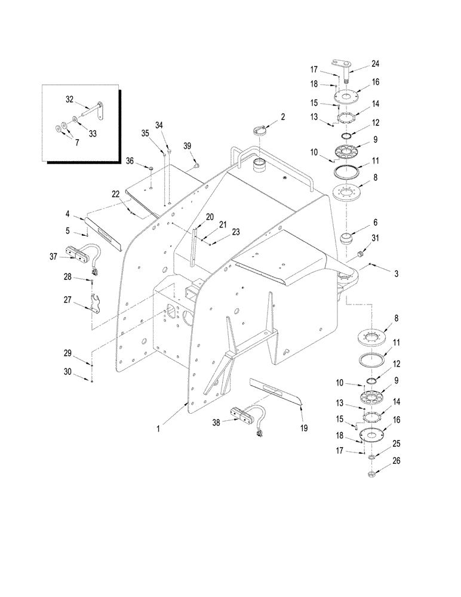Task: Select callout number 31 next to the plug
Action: [x=375, y=239]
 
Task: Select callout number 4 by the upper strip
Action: [x=69, y=214]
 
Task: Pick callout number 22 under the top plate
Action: [x=115, y=193]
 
